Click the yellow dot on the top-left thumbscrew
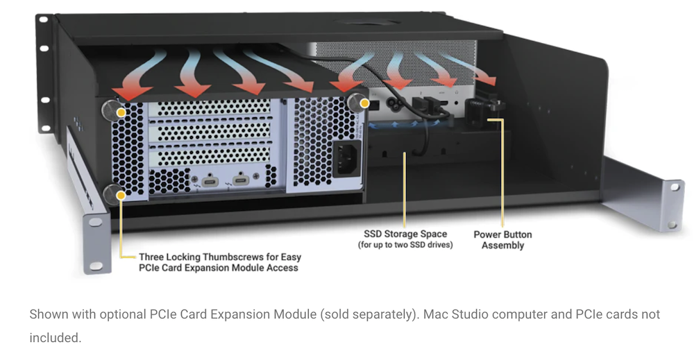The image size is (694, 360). point(121,113)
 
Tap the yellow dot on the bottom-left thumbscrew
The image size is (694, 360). point(120,195)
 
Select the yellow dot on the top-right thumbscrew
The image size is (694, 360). point(364,103)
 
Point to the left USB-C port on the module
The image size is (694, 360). point(210,181)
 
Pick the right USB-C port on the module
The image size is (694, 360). point(241,179)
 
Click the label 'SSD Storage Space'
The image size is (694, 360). point(405,234)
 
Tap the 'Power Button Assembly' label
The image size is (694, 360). point(502,240)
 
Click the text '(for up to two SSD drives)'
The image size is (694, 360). point(405,245)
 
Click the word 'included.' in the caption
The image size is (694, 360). point(56,338)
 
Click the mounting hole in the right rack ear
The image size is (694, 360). point(674,187)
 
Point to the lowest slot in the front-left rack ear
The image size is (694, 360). point(96,266)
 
